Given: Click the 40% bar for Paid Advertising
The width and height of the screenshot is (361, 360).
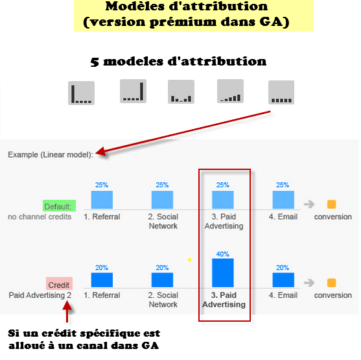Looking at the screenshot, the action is (x=223, y=273).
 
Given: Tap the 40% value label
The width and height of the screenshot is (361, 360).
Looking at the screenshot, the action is (x=223, y=254).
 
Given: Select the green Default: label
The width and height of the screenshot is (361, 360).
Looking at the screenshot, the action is (x=59, y=206).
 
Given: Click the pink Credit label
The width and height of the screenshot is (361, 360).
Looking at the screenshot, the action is (x=59, y=283).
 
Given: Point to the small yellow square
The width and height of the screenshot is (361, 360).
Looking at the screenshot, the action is (x=189, y=259).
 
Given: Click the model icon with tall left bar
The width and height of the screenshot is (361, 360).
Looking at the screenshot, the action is (x=81, y=93).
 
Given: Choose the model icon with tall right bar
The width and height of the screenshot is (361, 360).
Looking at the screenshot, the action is (x=133, y=91).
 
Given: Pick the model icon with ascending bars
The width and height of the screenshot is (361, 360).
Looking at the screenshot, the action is (x=230, y=91).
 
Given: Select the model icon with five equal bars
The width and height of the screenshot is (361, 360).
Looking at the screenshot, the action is (x=281, y=92).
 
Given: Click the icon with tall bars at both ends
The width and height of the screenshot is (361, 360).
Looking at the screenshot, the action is (x=181, y=91).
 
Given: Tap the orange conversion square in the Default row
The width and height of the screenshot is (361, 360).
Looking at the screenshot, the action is (x=332, y=204).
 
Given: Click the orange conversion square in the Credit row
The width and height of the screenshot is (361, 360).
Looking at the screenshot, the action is (x=332, y=283).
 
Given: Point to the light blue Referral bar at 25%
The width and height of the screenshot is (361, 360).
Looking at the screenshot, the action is (x=102, y=200).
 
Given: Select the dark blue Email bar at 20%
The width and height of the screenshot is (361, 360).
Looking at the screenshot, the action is (x=283, y=280).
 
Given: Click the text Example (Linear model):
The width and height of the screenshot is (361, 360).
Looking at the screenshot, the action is (x=51, y=154).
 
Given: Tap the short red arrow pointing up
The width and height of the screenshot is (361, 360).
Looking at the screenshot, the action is (x=67, y=311).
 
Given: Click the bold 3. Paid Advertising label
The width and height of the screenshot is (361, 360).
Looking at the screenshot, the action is (x=224, y=300).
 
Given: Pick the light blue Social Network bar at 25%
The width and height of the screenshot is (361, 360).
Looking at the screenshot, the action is (x=162, y=200).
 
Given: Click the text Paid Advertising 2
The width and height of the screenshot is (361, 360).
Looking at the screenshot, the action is (x=40, y=295).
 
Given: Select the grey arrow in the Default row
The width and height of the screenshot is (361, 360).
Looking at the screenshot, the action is (x=309, y=204).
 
